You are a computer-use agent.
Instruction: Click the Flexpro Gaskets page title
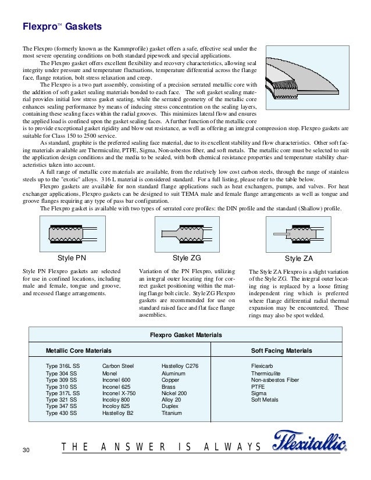[x=62, y=27]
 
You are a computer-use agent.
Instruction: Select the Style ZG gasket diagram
[x=188, y=235]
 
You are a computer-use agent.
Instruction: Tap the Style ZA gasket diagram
[x=302, y=235]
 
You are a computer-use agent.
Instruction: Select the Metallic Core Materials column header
[x=79, y=351]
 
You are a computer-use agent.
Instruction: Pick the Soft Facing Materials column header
[x=281, y=351]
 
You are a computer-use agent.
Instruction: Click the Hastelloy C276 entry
[x=180, y=366]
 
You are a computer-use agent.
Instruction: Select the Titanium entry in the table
[x=173, y=413]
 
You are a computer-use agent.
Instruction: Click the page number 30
[x=25, y=451]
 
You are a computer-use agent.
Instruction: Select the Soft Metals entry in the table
[x=265, y=400]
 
